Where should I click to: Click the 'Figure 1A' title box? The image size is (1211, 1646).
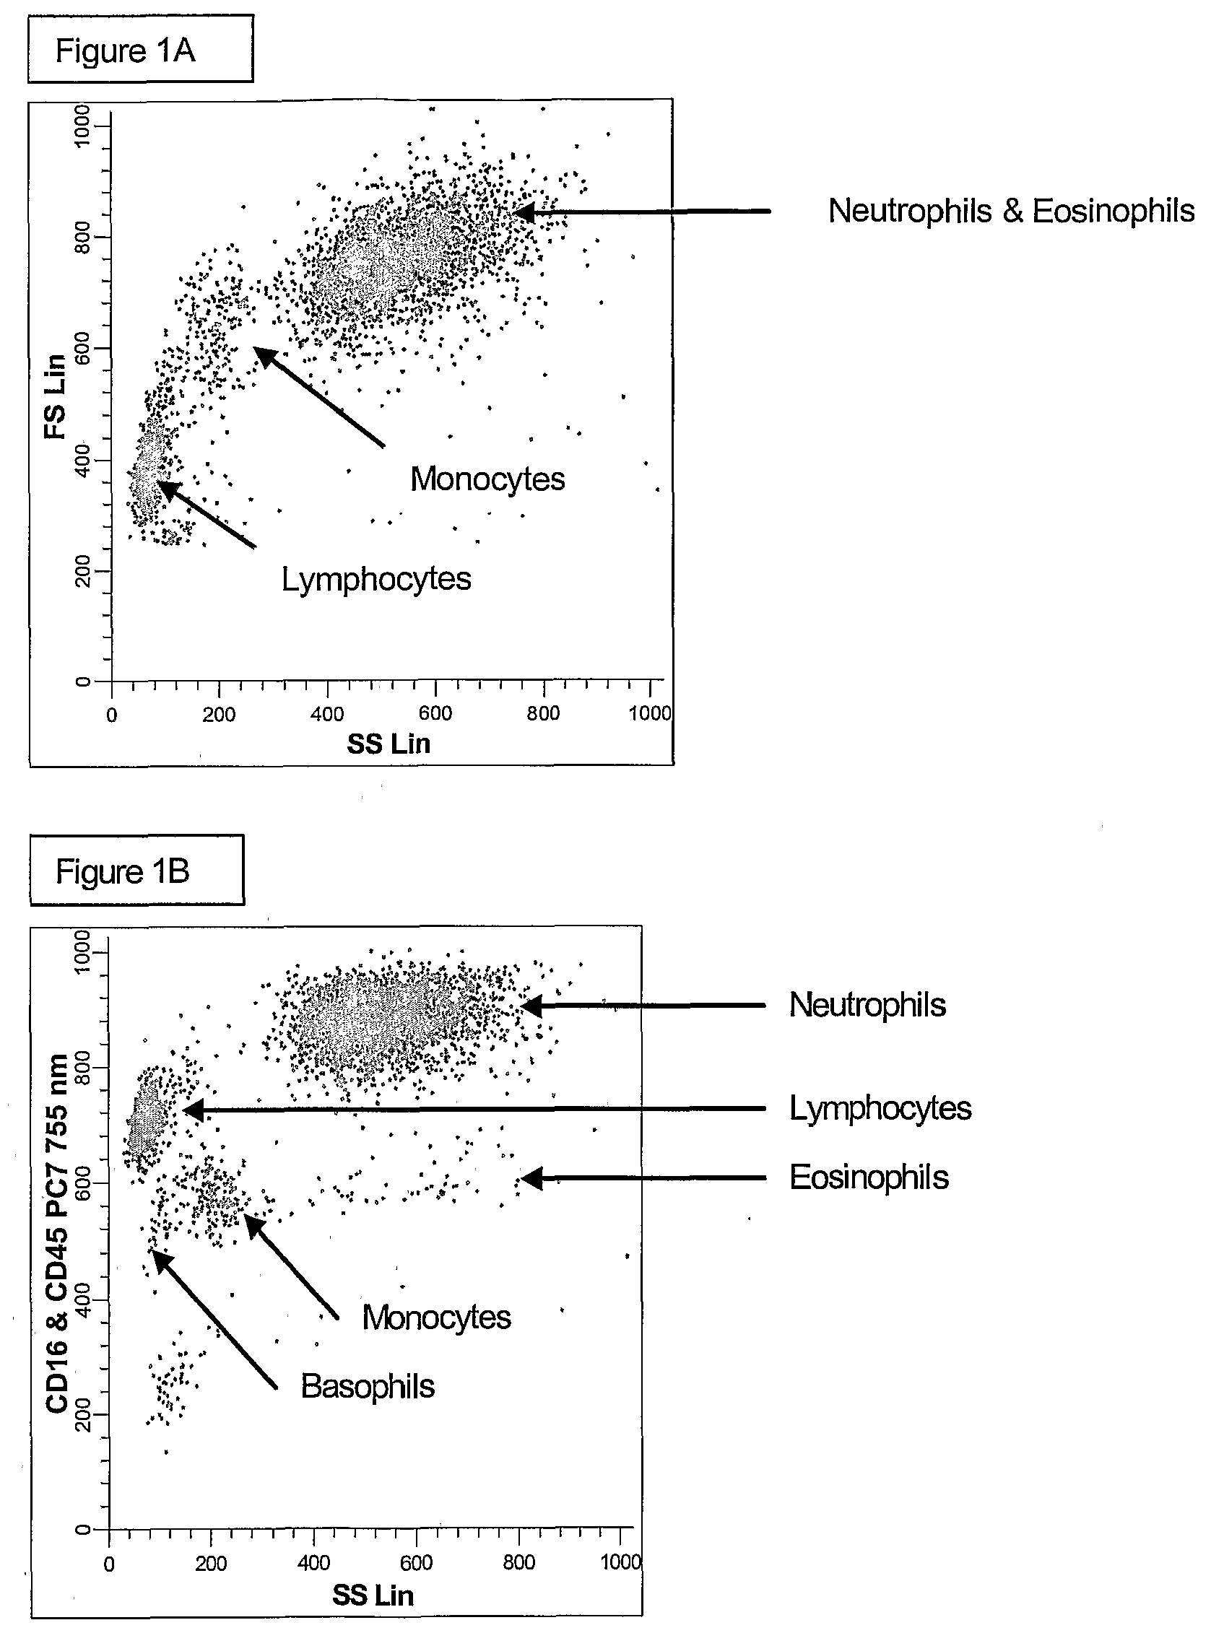click(140, 49)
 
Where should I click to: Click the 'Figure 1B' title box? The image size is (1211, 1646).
click(136, 871)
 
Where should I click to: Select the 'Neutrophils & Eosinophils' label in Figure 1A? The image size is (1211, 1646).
click(1010, 211)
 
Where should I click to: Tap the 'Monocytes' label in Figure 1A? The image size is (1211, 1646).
click(487, 479)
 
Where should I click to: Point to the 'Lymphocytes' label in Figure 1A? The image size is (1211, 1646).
click(376, 579)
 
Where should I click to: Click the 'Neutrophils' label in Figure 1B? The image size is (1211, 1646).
click(867, 1005)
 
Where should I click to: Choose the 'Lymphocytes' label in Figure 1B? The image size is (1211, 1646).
click(880, 1108)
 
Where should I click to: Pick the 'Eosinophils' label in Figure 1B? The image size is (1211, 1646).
click(869, 1177)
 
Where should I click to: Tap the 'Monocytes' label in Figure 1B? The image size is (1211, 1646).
click(436, 1318)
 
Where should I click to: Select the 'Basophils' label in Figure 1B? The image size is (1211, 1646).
click(368, 1387)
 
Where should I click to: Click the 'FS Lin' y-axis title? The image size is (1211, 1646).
click(56, 396)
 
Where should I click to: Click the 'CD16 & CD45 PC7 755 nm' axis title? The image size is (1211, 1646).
click(57, 1232)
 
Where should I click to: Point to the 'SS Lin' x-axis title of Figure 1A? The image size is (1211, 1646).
click(388, 744)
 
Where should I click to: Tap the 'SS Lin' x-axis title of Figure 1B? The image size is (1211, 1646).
click(373, 1595)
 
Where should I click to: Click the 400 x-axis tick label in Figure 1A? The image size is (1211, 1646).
click(327, 714)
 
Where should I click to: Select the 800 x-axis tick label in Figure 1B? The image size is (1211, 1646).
click(518, 1563)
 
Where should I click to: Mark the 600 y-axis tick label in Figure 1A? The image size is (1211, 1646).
click(83, 348)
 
